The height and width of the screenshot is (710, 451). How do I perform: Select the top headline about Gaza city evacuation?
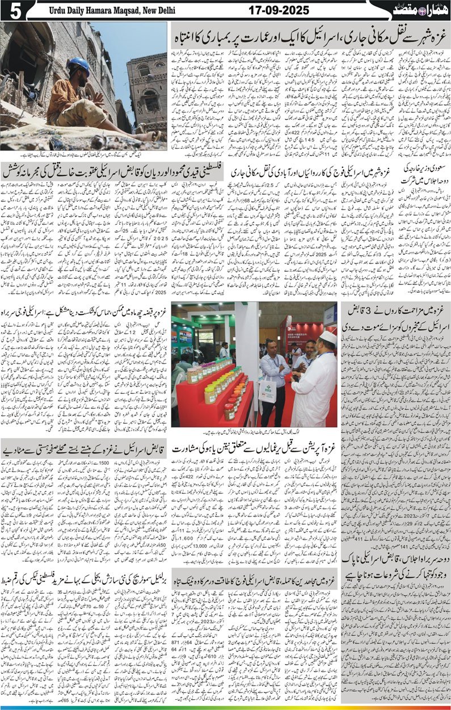pos(309,39)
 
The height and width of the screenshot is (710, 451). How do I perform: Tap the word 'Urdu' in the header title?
pos(58,10)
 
